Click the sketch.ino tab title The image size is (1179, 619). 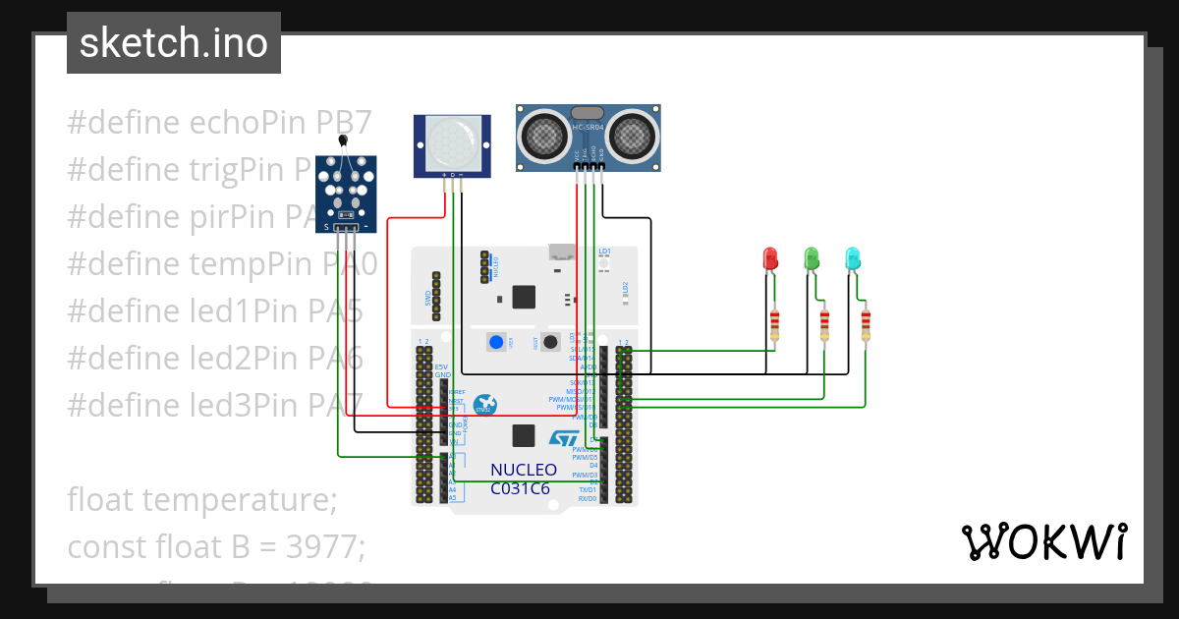[x=173, y=44]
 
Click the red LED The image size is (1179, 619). [x=770, y=259]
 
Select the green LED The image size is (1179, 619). [x=812, y=258]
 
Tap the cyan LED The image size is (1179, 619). [x=853, y=258]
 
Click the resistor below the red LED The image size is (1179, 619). [x=775, y=325]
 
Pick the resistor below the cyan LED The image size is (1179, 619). [x=866, y=325]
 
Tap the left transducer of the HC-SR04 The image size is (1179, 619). [x=543, y=135]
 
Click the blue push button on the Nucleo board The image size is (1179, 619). [x=496, y=342]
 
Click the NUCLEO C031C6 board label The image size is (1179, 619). [x=524, y=478]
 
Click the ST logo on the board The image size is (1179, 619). [x=564, y=437]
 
